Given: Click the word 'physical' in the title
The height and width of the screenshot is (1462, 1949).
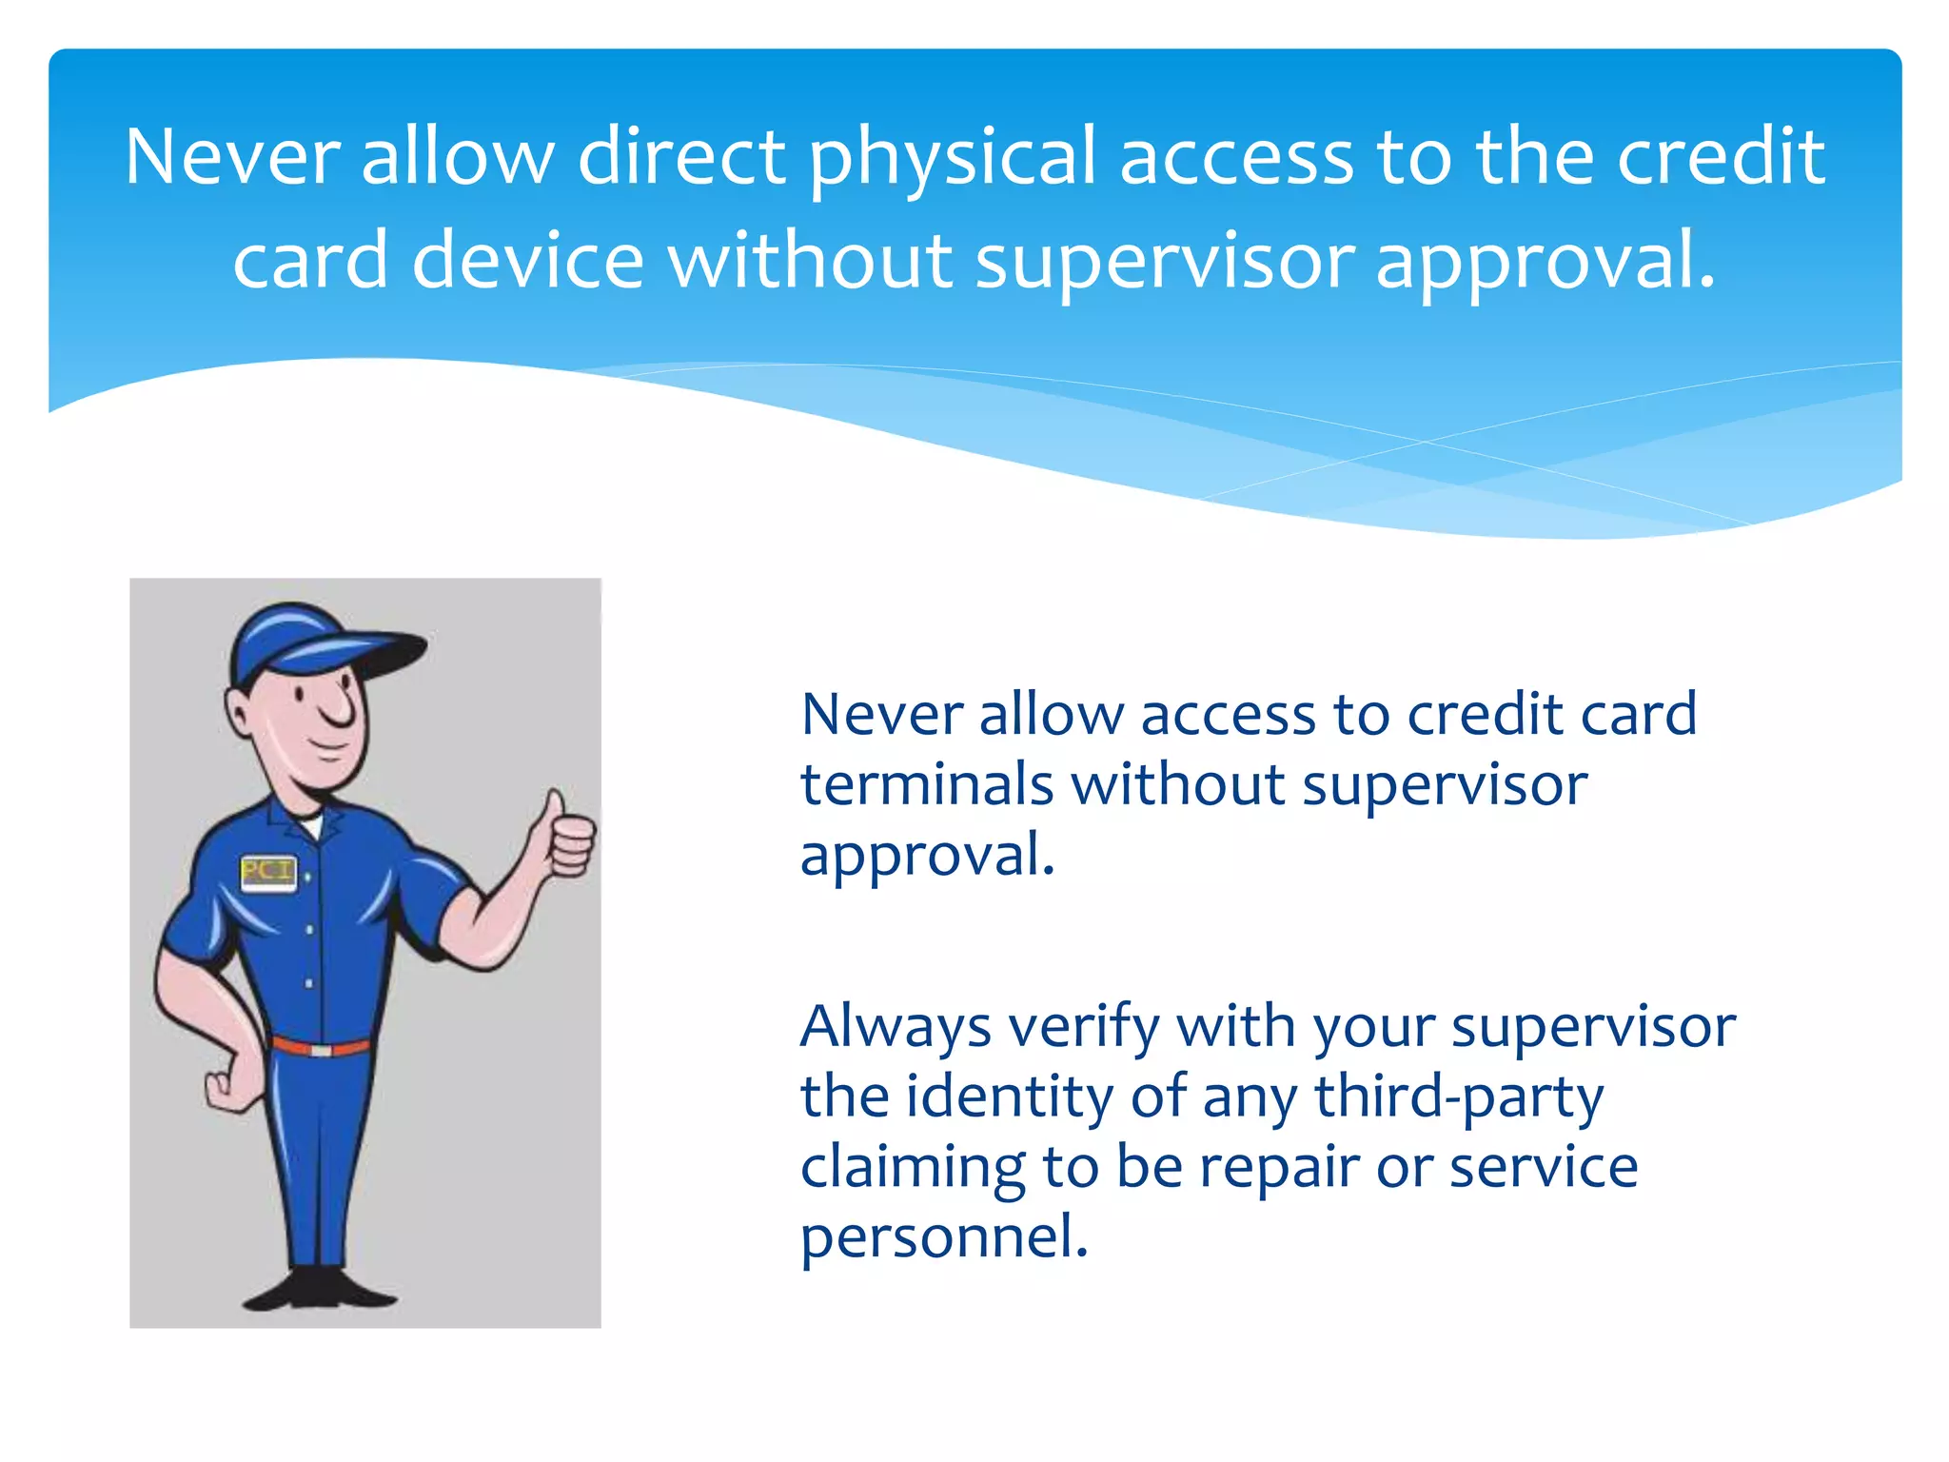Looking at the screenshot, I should tap(953, 158).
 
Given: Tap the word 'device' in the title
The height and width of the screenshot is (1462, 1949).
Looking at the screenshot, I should tap(528, 261).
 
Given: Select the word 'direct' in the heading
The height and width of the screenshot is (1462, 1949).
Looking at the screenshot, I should tap(681, 156).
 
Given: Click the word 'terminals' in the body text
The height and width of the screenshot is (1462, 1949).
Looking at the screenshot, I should tap(926, 785).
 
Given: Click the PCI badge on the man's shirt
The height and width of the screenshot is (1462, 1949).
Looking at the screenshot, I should tap(267, 873).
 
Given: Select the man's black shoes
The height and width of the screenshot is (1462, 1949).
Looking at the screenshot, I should tap(319, 1289).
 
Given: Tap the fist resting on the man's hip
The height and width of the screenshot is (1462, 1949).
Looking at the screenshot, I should tap(228, 1085).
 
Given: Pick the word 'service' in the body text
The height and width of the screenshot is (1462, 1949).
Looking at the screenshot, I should tap(1543, 1168).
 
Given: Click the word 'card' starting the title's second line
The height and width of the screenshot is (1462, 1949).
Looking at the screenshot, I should tap(310, 261).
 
